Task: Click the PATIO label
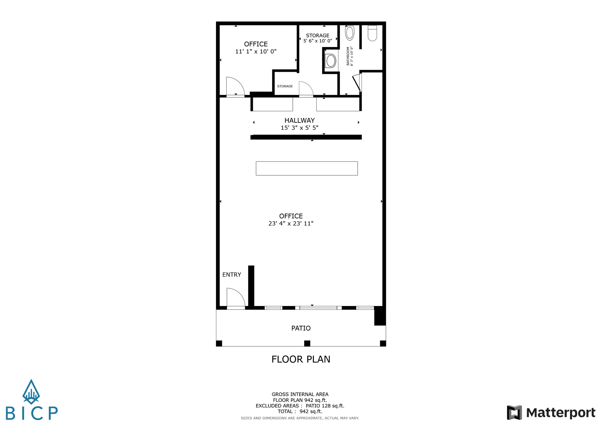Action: (x=301, y=328)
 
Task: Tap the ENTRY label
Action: (x=232, y=274)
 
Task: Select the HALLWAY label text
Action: (x=300, y=120)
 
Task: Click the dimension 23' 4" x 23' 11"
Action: (x=291, y=223)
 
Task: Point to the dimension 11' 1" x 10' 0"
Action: (x=256, y=51)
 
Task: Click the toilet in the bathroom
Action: (x=372, y=33)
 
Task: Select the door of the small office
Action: (x=235, y=86)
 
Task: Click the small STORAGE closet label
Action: (x=285, y=86)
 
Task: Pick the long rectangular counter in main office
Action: (x=307, y=168)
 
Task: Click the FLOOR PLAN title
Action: (x=301, y=359)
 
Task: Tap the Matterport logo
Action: (x=551, y=412)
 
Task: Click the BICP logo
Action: (x=31, y=400)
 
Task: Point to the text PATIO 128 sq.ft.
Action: (x=325, y=406)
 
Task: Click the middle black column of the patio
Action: (x=307, y=343)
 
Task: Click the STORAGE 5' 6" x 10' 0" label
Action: (x=317, y=38)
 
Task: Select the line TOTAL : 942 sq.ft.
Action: (x=300, y=411)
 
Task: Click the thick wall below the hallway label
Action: (x=306, y=137)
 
